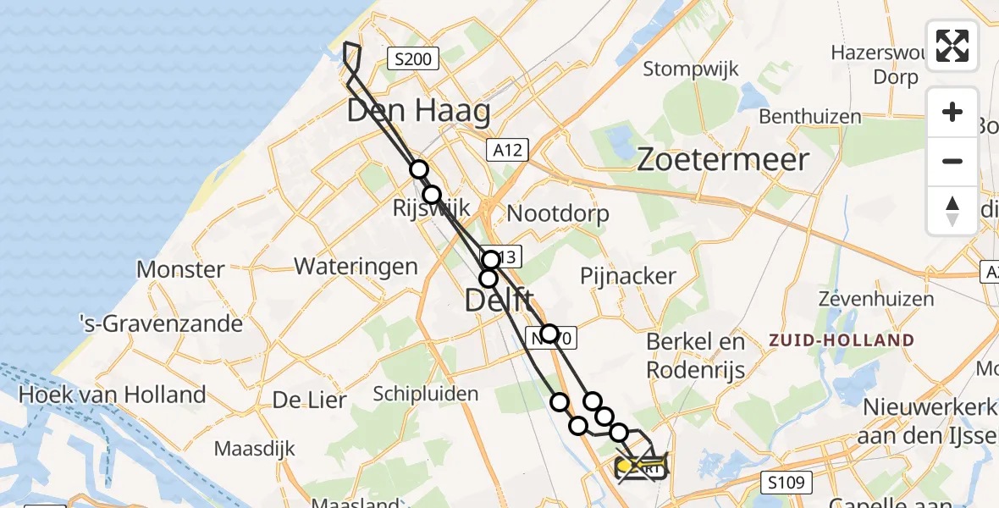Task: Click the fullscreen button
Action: tap(952, 46)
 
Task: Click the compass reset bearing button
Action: tap(952, 210)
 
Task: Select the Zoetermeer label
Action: tap(723, 159)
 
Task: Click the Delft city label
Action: tap(499, 300)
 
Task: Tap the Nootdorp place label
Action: tap(558, 213)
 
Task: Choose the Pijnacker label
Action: tap(628, 275)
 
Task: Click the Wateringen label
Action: tap(356, 267)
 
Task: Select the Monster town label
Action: tap(180, 270)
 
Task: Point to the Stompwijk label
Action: tap(691, 69)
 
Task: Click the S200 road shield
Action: tap(414, 59)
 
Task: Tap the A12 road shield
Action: tap(508, 151)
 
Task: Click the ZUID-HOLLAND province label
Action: tap(842, 340)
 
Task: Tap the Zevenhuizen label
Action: tap(876, 299)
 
